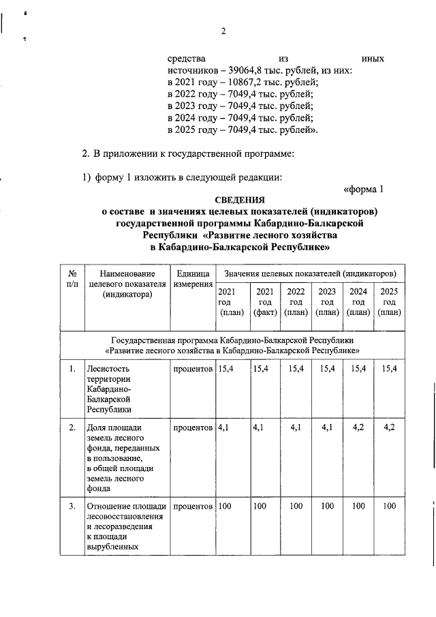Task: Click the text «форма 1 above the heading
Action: click(368, 189)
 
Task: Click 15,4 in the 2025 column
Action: click(390, 369)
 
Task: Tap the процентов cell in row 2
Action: click(193, 427)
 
